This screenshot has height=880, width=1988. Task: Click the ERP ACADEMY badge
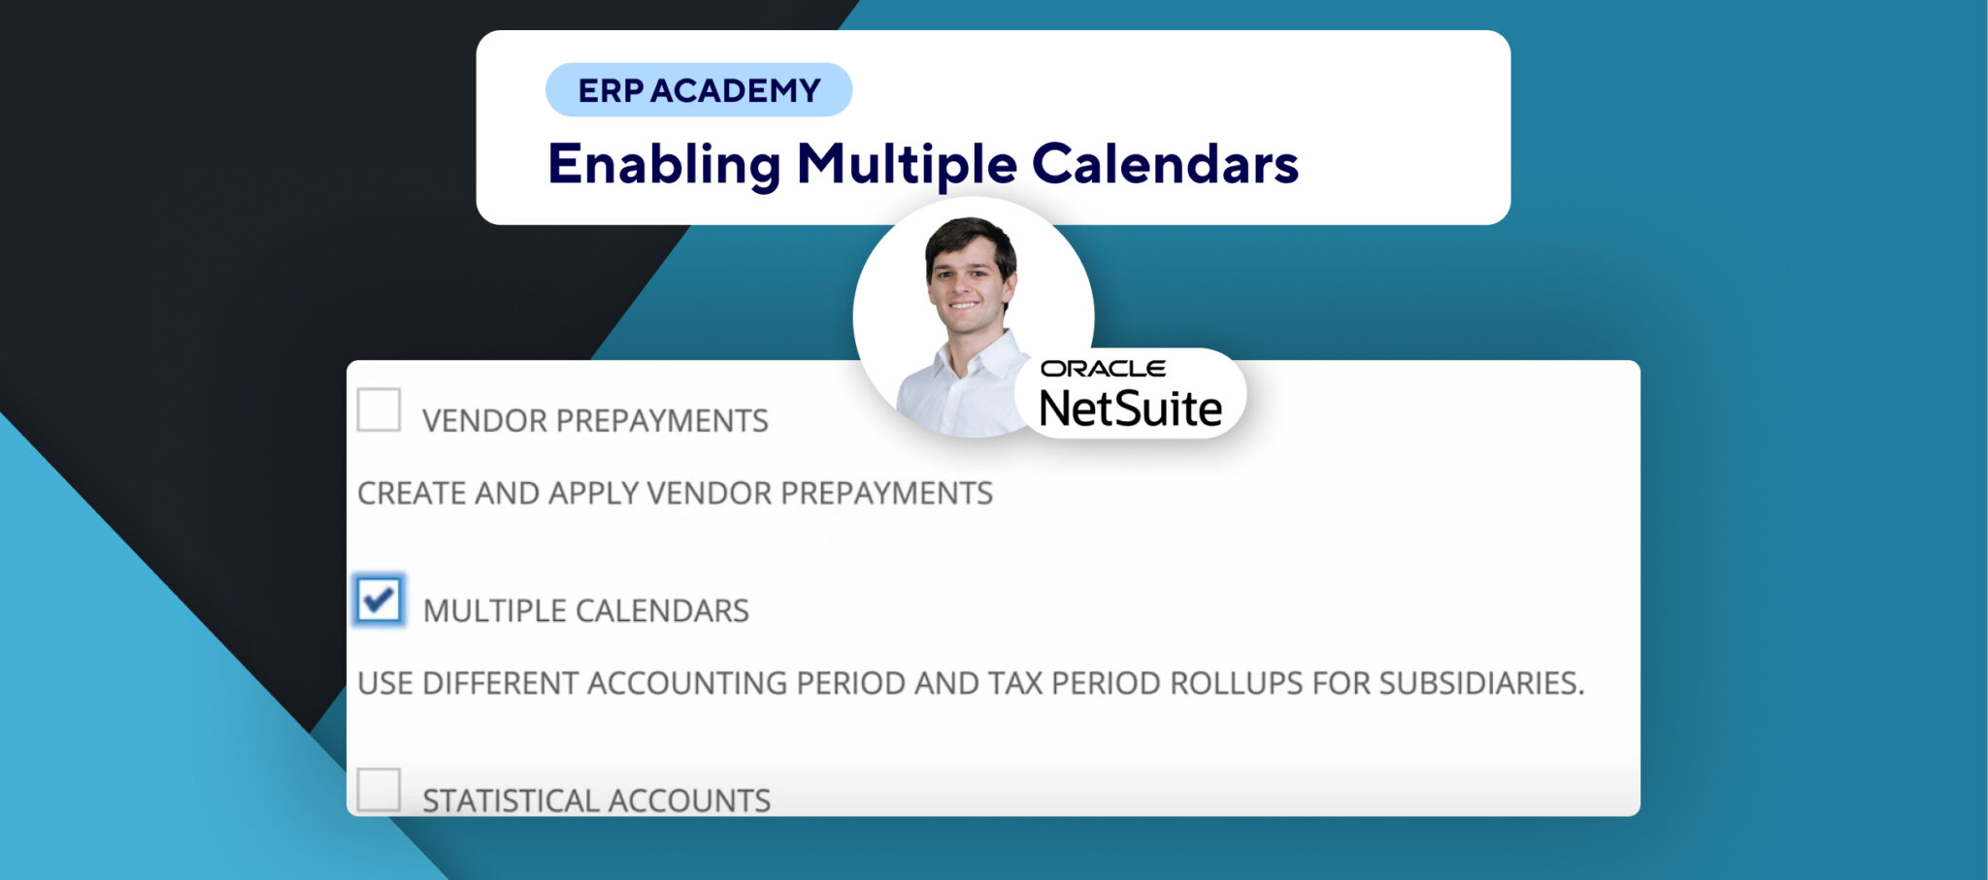(699, 90)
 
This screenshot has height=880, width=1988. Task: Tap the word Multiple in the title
(907, 164)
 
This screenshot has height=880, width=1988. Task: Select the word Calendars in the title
(1165, 164)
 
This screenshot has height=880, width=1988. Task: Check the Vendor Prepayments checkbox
(379, 409)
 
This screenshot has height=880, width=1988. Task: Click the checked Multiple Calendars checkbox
(379, 600)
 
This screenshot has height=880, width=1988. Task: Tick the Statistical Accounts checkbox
(379, 790)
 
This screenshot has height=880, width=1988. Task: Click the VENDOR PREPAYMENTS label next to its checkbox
(595, 421)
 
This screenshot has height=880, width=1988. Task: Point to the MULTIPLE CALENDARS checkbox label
(586, 611)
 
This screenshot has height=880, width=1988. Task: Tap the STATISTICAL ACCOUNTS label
(596, 800)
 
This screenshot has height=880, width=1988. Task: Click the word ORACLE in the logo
(1103, 369)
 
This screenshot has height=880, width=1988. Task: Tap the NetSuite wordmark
(1131, 408)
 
